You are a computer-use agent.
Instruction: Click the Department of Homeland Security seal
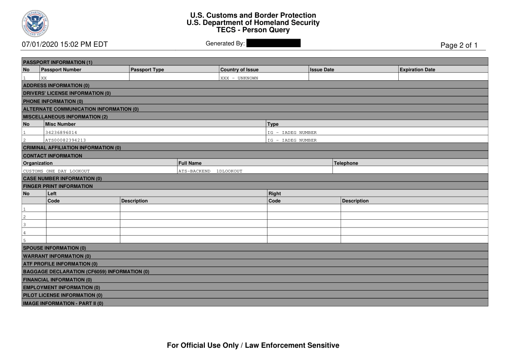tap(35, 23)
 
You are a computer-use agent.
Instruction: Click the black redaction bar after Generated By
tap(273, 44)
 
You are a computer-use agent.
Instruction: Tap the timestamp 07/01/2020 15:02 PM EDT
tap(65, 44)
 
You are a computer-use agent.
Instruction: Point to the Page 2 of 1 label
tap(459, 45)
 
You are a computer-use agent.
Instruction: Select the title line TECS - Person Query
tap(253, 30)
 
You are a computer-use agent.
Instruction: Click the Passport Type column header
tap(147, 69)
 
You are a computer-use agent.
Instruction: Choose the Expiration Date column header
tap(417, 69)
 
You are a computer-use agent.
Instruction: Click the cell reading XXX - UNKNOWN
tap(239, 78)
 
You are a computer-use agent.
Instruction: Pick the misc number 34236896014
tap(64, 133)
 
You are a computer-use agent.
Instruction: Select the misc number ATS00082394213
tap(65, 140)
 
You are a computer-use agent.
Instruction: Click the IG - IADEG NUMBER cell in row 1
tap(292, 133)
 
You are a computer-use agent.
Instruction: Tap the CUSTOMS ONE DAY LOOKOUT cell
tap(56, 171)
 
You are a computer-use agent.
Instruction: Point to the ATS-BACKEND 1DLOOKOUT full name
tap(210, 171)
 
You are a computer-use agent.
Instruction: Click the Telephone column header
tap(346, 163)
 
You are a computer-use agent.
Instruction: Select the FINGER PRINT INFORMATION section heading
tap(58, 186)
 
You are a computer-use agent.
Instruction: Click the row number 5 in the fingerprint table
tap(25, 240)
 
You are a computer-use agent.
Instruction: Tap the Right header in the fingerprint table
tap(274, 193)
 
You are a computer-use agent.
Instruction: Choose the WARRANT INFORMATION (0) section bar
tap(57, 256)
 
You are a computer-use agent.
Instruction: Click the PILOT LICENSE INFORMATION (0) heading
tap(63, 295)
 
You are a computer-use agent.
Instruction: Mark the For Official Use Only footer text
tap(253, 345)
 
